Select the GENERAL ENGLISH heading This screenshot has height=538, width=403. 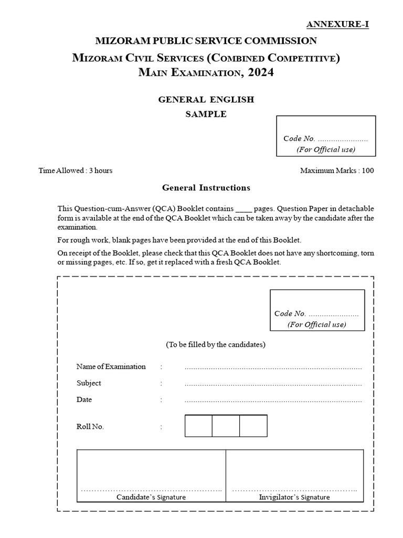click(x=206, y=99)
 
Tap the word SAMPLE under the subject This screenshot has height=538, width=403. click(x=206, y=114)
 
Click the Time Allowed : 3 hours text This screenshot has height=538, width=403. click(x=76, y=171)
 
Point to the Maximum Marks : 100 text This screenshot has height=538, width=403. click(x=337, y=171)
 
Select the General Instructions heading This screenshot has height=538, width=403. click(x=206, y=188)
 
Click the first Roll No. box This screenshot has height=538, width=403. click(x=198, y=426)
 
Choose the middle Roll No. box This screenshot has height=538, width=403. click(x=226, y=426)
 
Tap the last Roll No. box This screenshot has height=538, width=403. click(x=253, y=426)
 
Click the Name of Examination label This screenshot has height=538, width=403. click(x=111, y=367)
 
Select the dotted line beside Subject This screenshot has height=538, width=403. click(x=273, y=384)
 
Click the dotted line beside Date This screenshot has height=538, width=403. click(x=273, y=401)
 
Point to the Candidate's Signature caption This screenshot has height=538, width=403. click(x=151, y=497)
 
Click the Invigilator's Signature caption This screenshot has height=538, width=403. click(x=294, y=497)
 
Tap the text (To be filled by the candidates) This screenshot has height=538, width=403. click(x=216, y=345)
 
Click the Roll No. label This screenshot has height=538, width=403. click(x=90, y=427)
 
